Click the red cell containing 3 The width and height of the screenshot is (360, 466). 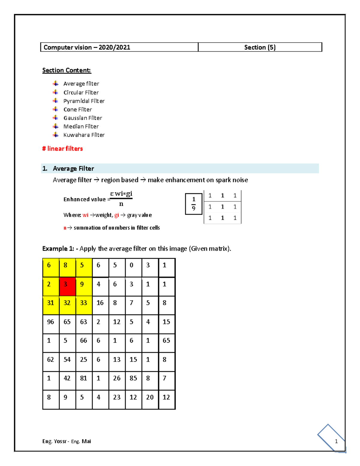67,287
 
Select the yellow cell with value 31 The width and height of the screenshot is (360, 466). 51,305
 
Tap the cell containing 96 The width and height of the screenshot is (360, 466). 51,324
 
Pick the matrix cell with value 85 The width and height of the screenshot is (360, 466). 133,380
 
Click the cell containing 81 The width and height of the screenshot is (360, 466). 84,380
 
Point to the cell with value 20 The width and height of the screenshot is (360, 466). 150,399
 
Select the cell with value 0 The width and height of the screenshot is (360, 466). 133,267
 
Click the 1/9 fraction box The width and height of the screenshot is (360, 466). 193,204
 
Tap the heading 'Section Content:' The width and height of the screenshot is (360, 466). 67,70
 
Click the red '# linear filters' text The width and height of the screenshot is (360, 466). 62,149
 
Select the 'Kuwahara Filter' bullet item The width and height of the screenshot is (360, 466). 84,135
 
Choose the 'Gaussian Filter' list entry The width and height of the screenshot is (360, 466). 82,118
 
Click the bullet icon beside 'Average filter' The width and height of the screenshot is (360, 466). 55,83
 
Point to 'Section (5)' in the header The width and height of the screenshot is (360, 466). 260,47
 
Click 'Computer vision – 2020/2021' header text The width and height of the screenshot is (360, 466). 87,47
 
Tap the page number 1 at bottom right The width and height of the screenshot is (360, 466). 336,441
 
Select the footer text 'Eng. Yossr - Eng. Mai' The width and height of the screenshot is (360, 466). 67,441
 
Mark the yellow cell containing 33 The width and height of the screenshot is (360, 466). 84,305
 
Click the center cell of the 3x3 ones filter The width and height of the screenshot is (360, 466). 222,207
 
